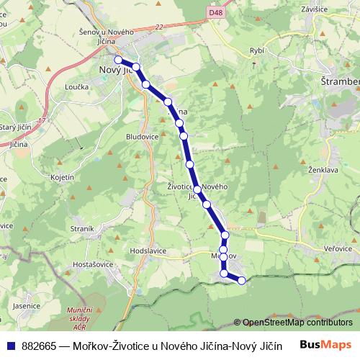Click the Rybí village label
click(257, 52)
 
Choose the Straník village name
click(84, 228)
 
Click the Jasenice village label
click(25, 305)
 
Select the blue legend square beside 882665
click(12, 345)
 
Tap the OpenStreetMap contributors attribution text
click(297, 323)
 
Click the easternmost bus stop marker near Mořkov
click(241, 279)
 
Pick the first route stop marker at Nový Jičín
click(118, 60)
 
